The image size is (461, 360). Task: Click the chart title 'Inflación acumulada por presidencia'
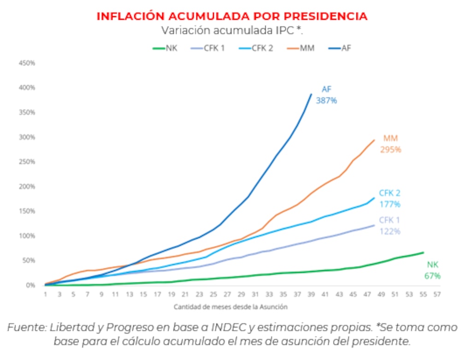pos(232,16)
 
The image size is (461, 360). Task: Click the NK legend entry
pos(165,48)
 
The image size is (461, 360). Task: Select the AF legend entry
pos(340,48)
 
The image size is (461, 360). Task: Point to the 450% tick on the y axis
pos(27,63)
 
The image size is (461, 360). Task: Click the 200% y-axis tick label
pos(27,186)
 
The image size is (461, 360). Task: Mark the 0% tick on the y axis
pos(30,285)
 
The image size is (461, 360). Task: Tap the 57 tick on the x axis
pos(436,294)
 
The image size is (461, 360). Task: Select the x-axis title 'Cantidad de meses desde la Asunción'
pos(231,307)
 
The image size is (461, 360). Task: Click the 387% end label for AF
pos(326,100)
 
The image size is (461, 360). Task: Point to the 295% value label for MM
pos(390,149)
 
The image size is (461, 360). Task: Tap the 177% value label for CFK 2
pos(390,204)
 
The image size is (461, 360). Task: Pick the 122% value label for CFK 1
pos(390,231)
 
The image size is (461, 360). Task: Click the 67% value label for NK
pos(432,276)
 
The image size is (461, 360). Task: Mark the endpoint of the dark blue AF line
pos(311,94)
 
